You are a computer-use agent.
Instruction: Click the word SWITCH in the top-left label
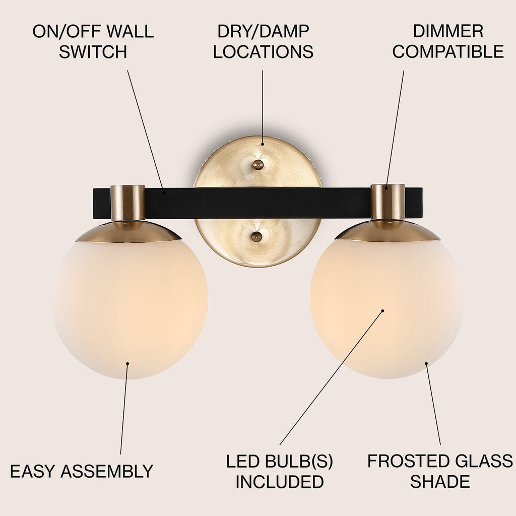click(93, 52)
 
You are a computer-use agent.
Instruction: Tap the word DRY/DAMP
click(263, 31)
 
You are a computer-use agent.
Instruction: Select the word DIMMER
click(448, 31)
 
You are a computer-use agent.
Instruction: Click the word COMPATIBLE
click(448, 52)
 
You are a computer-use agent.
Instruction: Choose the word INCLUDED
click(280, 482)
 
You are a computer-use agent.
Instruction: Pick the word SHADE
click(439, 482)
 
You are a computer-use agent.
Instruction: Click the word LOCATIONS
click(263, 52)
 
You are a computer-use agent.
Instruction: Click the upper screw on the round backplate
click(258, 164)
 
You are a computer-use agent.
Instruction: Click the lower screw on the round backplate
click(257, 236)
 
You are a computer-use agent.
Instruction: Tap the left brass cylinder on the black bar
click(127, 203)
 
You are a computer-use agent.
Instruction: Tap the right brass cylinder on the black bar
click(388, 202)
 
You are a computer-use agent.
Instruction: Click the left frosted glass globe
click(130, 302)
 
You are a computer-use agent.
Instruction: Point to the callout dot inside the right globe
click(382, 310)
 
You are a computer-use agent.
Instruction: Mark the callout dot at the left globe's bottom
click(127, 363)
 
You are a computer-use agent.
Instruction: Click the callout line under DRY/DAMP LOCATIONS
click(263, 106)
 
